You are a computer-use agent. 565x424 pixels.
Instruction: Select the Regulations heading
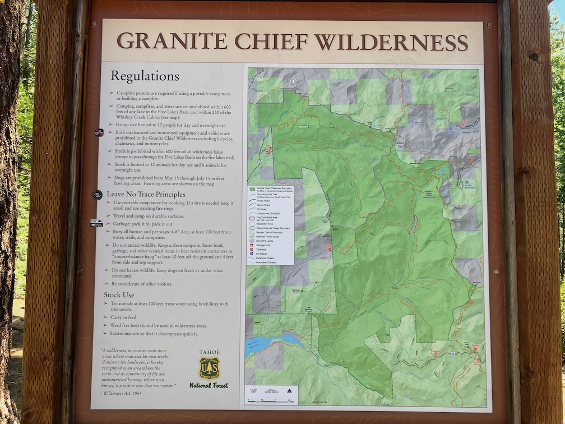coord(145,76)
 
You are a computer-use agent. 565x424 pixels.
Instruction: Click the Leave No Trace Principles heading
coord(146,194)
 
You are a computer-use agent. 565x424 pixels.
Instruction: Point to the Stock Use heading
coord(119,294)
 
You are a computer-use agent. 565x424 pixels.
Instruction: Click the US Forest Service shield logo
coord(209,368)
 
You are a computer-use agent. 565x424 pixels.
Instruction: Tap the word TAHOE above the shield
coord(209,352)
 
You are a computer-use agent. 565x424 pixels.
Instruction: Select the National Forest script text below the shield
coord(209,385)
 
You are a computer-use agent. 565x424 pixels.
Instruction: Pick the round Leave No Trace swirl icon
coord(98,195)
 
